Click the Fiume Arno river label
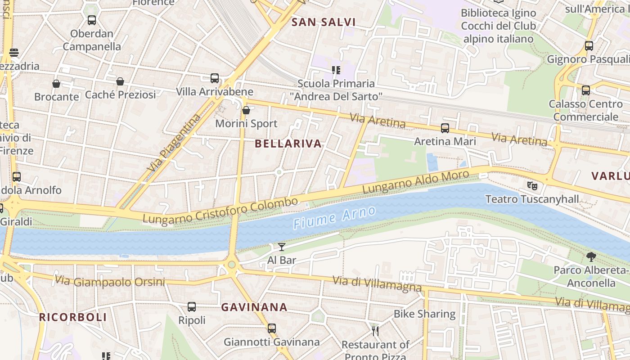coord(334,218)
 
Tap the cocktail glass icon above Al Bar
coord(282,247)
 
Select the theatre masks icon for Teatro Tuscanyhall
coord(532,185)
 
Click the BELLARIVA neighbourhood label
coord(288,144)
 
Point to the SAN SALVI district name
coord(324,22)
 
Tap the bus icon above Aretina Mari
coord(445,128)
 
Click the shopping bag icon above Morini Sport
coord(246,110)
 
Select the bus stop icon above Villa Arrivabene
coord(215,78)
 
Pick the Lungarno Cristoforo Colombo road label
coord(220,210)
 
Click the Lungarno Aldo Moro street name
coord(416,181)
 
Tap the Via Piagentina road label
coord(174,143)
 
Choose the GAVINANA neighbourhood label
coord(254,307)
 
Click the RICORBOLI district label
coord(73,317)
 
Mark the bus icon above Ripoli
coord(192,307)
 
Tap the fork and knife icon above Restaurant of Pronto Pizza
coord(375,331)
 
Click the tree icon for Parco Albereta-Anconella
coord(591,257)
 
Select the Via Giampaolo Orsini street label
coord(110,282)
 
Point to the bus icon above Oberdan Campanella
coord(92,20)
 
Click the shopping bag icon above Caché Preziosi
coord(120,81)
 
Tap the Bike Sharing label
coord(424,314)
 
